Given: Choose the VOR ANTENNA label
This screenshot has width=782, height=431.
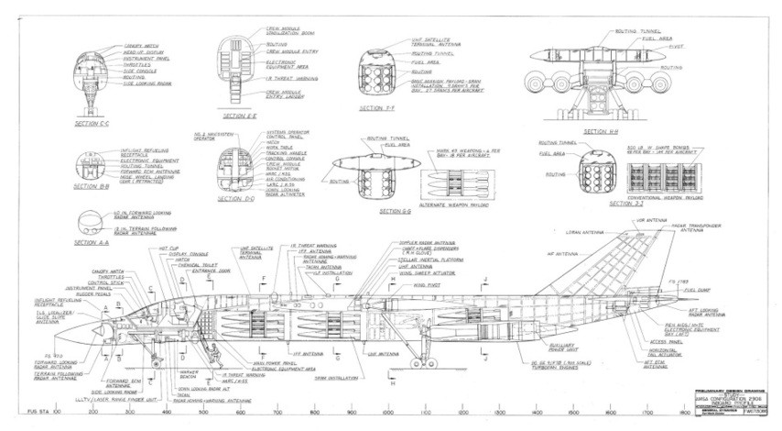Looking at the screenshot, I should pos(631,220).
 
